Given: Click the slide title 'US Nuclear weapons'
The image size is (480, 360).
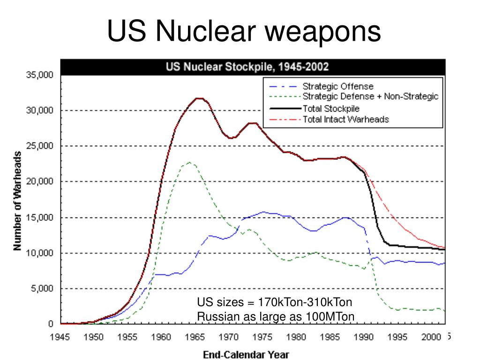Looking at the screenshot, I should point(244,31).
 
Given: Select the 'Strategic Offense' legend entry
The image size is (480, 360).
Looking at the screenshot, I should point(337,86).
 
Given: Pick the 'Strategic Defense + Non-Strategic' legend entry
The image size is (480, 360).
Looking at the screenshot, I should point(370,97).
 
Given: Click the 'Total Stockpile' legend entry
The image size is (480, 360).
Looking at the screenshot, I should point(330,108).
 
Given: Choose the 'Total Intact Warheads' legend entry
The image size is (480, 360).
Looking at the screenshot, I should point(346,119).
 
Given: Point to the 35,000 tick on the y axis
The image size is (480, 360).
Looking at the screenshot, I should point(39,75).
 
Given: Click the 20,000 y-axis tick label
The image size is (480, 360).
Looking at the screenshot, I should point(39,182).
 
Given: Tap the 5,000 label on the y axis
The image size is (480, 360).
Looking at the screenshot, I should point(41,289).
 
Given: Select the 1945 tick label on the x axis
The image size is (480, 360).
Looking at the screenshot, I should point(60,336).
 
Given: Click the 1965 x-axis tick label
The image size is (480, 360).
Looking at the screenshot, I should point(194,336).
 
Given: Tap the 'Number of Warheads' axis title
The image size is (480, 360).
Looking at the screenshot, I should point(17,200).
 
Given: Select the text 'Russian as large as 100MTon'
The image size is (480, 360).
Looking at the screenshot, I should point(276,317).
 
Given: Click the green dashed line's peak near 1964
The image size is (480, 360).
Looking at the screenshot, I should point(189,162).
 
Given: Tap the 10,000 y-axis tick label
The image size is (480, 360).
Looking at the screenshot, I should point(39,253).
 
